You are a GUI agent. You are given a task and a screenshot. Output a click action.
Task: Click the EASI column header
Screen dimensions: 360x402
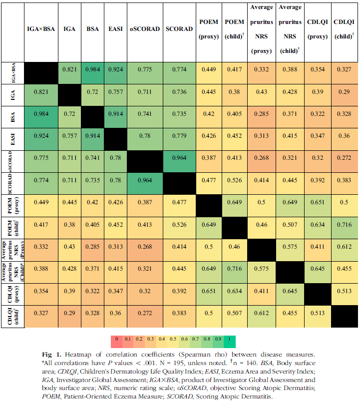tap(115, 29)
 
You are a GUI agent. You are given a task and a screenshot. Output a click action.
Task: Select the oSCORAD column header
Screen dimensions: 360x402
tap(145, 29)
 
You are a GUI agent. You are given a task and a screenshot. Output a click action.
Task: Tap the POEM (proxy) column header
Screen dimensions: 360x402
tap(209, 29)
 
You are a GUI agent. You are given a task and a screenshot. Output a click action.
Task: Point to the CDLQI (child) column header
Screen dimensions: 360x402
tap(344, 29)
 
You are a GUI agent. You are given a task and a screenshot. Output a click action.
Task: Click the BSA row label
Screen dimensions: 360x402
tap(13, 117)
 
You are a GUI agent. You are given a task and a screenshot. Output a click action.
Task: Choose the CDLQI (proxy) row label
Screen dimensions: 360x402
tap(13, 294)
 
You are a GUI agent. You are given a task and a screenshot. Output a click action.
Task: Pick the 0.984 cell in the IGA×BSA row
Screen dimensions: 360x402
tap(92, 73)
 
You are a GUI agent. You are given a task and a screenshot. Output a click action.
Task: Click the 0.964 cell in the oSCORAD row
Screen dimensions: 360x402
tap(179, 161)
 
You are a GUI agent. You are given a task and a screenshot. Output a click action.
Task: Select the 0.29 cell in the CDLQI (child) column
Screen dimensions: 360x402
tap(345, 95)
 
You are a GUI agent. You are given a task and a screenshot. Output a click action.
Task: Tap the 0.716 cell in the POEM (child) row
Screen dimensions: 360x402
tap(345, 228)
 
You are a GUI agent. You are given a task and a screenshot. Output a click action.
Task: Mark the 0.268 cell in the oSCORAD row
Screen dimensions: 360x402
tap(262, 161)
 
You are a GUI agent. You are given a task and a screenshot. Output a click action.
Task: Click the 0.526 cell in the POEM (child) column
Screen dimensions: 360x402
tap(234, 183)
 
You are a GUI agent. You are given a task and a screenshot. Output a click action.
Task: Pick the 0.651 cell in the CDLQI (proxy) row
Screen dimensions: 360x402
tap(209, 294)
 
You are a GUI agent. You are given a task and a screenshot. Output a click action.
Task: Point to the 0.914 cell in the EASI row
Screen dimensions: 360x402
tap(92, 139)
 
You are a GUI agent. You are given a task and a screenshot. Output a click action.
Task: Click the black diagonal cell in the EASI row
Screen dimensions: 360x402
tap(115, 139)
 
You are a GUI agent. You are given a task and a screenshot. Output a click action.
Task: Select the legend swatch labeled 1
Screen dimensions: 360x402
tap(230, 342)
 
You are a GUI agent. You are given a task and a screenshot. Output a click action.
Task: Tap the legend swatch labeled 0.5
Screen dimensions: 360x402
tap(173, 342)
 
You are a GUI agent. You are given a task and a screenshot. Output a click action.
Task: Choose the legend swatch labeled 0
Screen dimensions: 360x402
tap(116, 342)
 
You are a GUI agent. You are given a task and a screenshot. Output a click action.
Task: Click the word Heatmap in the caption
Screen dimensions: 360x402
tap(78, 355)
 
